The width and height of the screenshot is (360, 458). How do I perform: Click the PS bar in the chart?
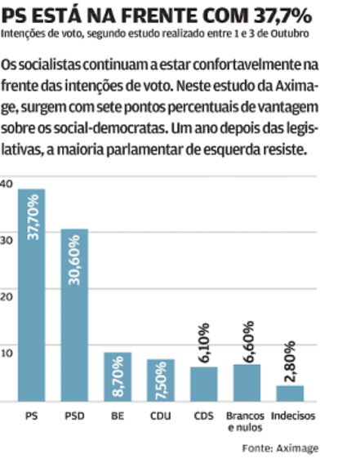(32, 295)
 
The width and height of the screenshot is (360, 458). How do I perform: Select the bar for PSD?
(74, 315)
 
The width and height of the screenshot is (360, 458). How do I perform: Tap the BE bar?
(118, 377)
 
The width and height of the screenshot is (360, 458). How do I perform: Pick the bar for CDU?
(161, 380)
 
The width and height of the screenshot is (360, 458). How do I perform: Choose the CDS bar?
(204, 384)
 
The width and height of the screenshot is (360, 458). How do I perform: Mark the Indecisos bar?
(290, 394)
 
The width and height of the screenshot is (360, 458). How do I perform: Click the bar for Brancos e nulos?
(247, 383)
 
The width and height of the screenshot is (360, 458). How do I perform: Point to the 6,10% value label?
(205, 343)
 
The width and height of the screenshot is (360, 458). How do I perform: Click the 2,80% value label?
(290, 362)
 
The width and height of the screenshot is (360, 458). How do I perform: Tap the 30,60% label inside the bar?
(74, 260)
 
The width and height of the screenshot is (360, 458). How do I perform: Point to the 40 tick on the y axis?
(7, 184)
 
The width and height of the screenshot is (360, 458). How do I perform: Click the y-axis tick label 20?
(7, 297)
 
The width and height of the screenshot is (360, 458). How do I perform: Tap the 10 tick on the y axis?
(7, 354)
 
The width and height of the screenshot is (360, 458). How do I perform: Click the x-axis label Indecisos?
(293, 416)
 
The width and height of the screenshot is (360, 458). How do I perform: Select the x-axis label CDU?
(161, 416)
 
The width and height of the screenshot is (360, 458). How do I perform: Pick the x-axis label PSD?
(74, 416)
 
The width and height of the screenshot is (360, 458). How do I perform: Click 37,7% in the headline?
(282, 16)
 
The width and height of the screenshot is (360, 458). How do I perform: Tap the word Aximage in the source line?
(297, 448)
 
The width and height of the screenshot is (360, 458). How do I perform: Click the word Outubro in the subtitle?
(289, 34)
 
